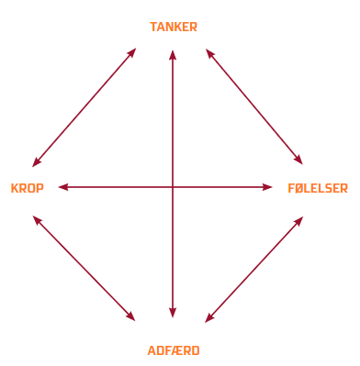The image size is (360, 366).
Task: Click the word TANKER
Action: pyautogui.click(x=174, y=27)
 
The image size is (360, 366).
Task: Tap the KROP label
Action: pyautogui.click(x=28, y=188)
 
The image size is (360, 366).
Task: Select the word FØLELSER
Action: pyautogui.click(x=318, y=188)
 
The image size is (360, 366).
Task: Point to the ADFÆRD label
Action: pyautogui.click(x=174, y=350)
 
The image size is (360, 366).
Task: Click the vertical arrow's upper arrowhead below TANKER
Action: pyautogui.click(x=173, y=55)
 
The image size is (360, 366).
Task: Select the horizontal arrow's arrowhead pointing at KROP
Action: pyautogui.click(x=63, y=187)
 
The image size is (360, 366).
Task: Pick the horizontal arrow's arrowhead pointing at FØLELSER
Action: pyautogui.click(x=267, y=187)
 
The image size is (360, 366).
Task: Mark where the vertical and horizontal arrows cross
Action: pyautogui.click(x=173, y=187)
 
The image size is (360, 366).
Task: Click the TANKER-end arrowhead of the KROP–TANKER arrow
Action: pyautogui.click(x=132, y=52)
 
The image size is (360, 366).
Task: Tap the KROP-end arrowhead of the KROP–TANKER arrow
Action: pyautogui.click(x=36, y=162)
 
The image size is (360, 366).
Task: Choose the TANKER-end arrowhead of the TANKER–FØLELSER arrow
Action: pyautogui.click(x=209, y=53)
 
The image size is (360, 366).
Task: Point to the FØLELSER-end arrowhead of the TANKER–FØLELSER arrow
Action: pyautogui.click(x=298, y=160)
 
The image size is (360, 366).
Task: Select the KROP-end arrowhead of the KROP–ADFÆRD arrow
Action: pyautogui.click(x=36, y=220)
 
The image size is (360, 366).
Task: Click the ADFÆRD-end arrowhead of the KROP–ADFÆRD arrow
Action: pyautogui.click(x=131, y=316)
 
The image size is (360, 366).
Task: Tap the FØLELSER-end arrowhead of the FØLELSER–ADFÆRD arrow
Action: pyautogui.click(x=299, y=221)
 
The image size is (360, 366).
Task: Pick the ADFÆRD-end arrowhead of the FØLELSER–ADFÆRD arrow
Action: pyautogui.click(x=209, y=318)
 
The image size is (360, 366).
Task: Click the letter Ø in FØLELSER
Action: pyautogui.click(x=299, y=188)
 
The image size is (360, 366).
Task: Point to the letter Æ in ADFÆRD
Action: pyautogui.click(x=178, y=350)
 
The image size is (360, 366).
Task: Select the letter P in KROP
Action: pyautogui.click(x=39, y=188)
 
